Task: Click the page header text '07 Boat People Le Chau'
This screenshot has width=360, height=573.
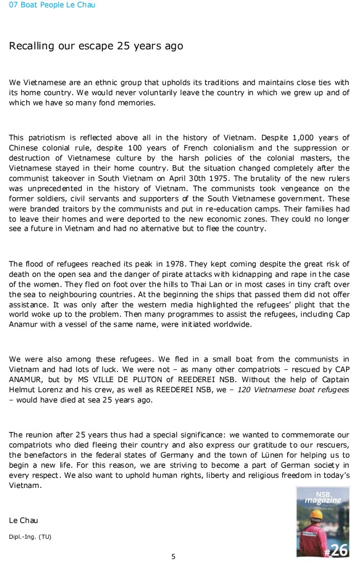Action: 48,5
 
